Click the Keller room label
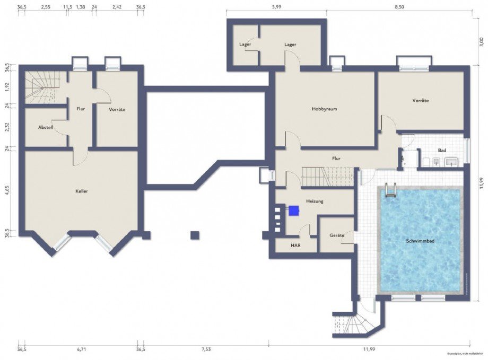81,191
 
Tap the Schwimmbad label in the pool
420,241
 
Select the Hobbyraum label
325,109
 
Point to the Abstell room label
46,128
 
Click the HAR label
295,245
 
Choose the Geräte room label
337,234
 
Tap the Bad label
441,150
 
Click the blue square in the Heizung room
293,210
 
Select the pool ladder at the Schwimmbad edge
391,189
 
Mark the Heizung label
315,201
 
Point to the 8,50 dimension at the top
399,7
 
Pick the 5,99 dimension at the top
276,7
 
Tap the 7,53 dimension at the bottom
205,349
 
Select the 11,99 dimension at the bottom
369,349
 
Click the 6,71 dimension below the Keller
81,349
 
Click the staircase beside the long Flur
327,176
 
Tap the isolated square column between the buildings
195,235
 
